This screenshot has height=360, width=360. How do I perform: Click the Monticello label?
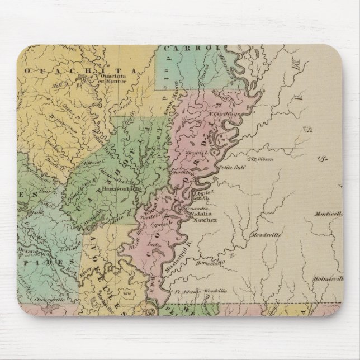pyautogui.click(x=330, y=213)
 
